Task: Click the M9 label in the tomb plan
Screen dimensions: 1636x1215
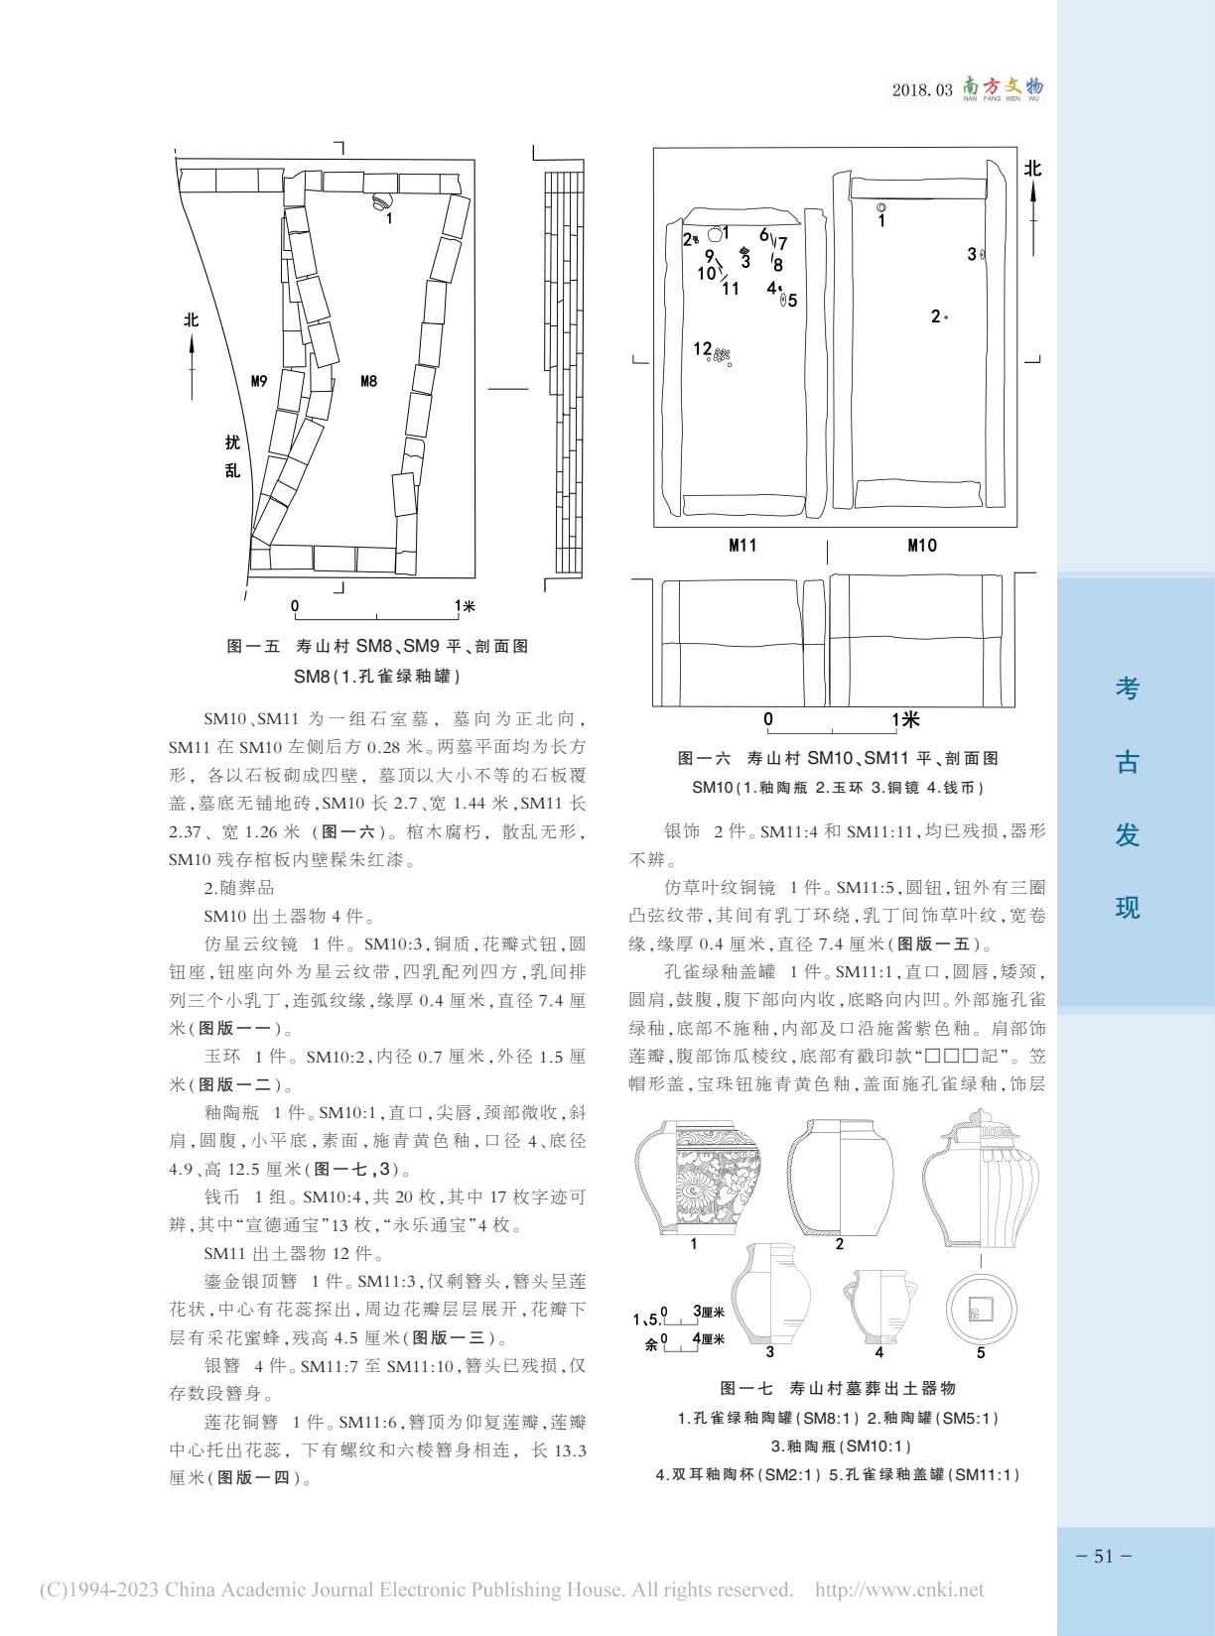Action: [259, 381]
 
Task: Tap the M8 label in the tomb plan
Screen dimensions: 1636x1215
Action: [368, 381]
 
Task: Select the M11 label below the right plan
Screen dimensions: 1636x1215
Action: [742, 545]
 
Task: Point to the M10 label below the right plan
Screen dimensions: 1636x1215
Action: [921, 545]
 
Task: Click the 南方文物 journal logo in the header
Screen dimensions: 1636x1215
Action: [1003, 89]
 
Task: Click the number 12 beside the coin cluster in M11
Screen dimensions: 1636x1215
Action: [703, 349]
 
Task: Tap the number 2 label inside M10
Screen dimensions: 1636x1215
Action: [935, 316]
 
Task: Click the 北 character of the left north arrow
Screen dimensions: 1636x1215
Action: [192, 319]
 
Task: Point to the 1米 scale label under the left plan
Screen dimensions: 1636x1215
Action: [465, 606]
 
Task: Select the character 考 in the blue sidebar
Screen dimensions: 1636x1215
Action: [1127, 690]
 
